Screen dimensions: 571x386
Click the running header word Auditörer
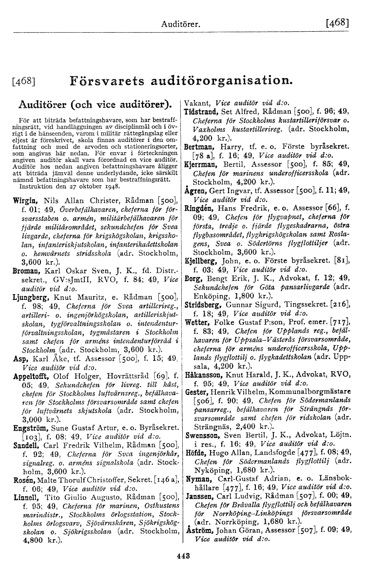pyautogui.click(x=181, y=23)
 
